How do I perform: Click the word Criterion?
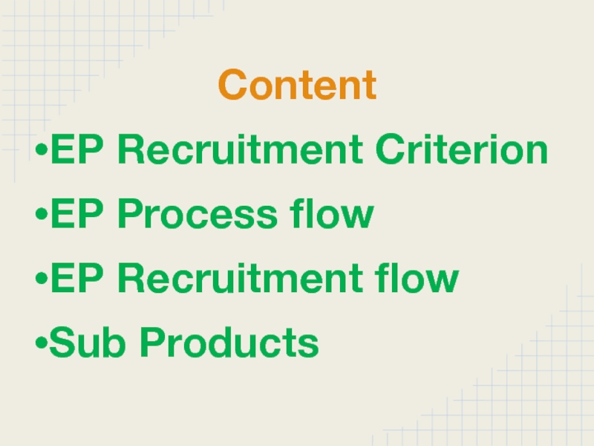tap(461, 151)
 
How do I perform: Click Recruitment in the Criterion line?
tap(241, 151)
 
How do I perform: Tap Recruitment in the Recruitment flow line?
tap(241, 279)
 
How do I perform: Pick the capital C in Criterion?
tap(390, 151)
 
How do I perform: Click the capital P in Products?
tap(154, 343)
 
